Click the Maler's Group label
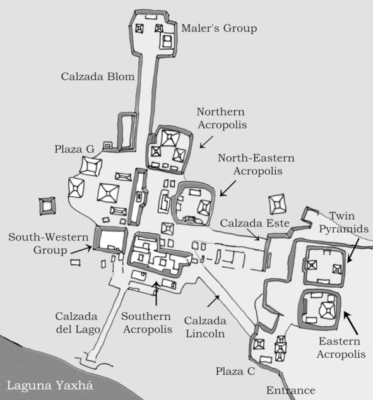pos(219,28)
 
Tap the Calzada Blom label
pos(98,76)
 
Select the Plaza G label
pos(74,149)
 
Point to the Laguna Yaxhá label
pos(50,385)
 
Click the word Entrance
pos(291,391)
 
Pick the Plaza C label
pos(235,371)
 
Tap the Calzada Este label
pos(254,223)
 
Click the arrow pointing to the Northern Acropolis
pos(206,142)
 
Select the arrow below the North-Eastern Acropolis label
pos(228,189)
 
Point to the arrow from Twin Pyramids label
pos(353,250)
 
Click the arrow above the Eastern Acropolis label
pos(350,323)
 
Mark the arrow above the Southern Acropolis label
pos(157,293)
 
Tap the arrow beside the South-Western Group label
pos(81,250)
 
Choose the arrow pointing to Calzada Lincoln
pos(213,301)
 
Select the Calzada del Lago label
pos(77,323)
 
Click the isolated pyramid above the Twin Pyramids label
pos(277,204)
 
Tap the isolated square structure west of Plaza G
pos(47,206)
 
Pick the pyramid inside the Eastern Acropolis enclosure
pos(328,310)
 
